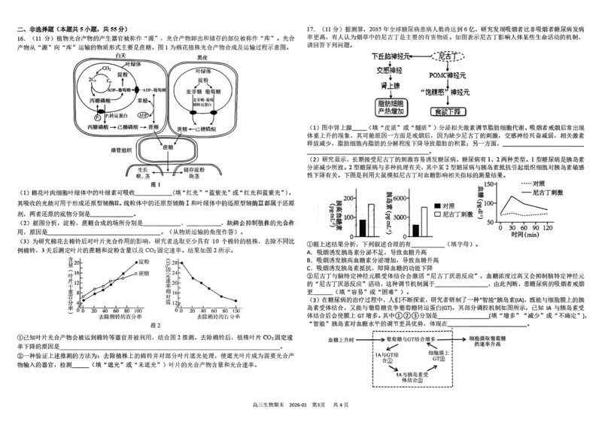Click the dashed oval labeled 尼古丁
[x=448, y=57]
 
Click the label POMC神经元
[x=448, y=77]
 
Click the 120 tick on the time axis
[x=543, y=227]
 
